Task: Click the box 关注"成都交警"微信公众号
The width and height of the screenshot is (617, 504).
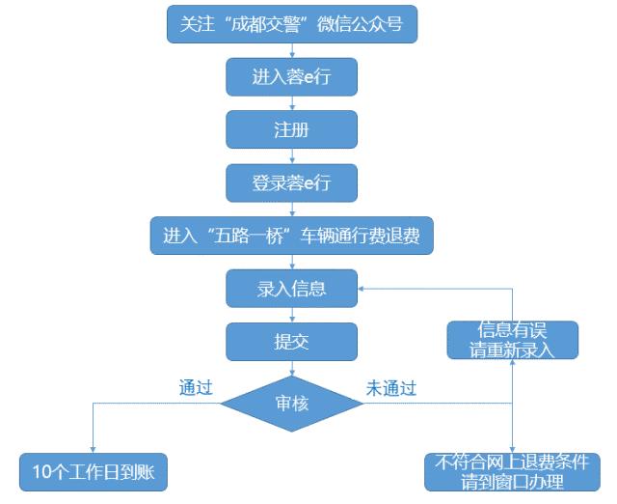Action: [x=292, y=24]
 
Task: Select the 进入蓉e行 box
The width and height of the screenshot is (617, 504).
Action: [x=292, y=77]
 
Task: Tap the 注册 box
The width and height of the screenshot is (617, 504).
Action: [x=292, y=129]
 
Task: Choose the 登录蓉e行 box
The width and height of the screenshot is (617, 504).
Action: [x=292, y=182]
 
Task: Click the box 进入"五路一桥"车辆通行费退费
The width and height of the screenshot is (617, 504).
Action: [x=292, y=235]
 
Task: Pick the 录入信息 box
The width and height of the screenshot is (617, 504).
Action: [x=292, y=288]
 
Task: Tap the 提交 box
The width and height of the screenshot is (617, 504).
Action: [x=292, y=340]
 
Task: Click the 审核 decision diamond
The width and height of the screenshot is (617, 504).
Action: [x=292, y=403]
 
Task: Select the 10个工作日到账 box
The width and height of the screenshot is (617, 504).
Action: [x=94, y=472]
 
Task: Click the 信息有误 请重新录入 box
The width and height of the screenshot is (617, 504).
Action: [x=512, y=339]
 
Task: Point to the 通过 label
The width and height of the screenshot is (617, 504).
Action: [x=196, y=388]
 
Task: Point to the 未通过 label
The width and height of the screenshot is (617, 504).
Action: [x=390, y=388]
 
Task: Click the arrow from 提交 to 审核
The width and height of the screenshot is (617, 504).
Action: [x=292, y=367]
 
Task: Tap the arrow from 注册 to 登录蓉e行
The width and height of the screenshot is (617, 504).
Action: [x=292, y=156]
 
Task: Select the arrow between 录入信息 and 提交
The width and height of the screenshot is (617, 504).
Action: [x=292, y=314]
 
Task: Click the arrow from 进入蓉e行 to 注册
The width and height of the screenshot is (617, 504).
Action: [x=292, y=103]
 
